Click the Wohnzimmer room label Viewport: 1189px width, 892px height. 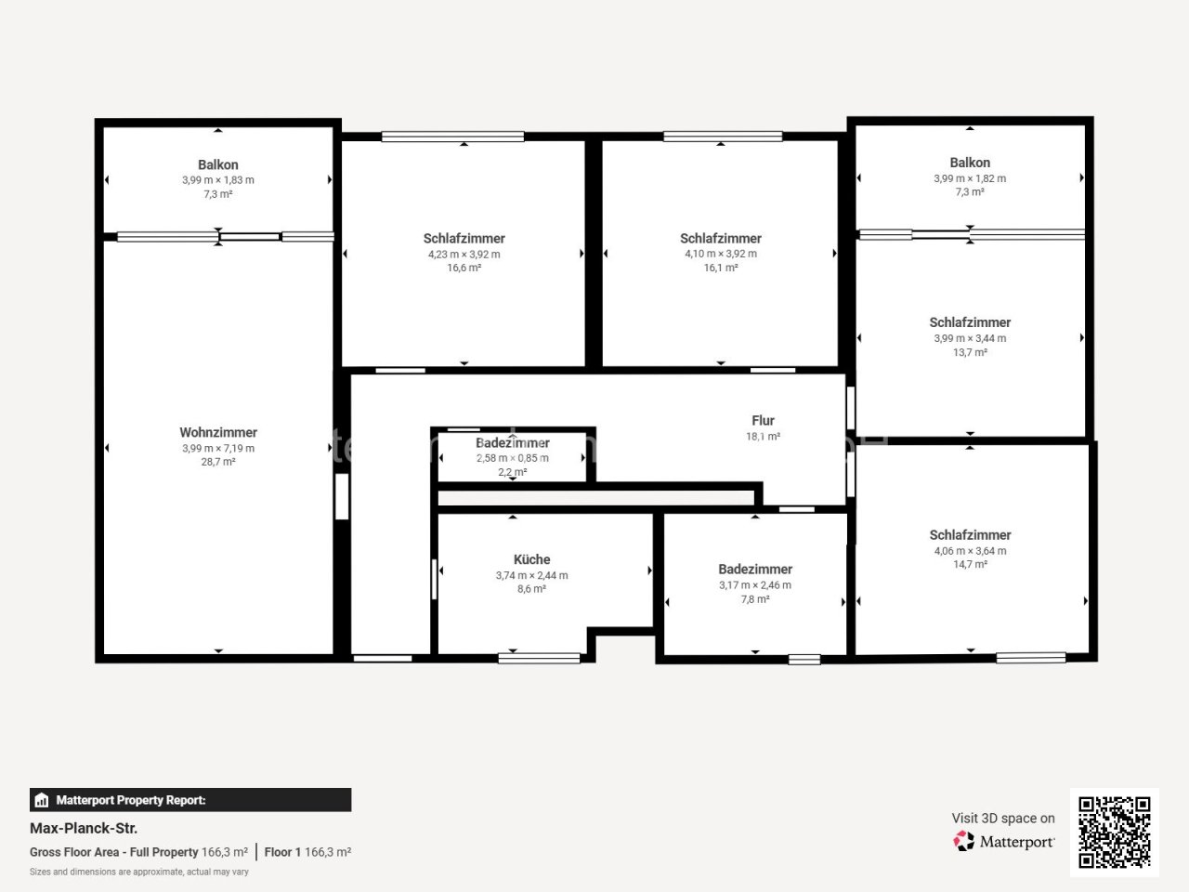coord(218,432)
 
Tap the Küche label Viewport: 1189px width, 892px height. coord(531,559)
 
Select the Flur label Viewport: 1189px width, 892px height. coord(763,420)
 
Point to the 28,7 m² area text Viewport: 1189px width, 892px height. coord(218,462)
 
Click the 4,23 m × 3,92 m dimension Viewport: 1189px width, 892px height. coord(464,254)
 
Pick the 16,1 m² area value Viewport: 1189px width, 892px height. coord(721,268)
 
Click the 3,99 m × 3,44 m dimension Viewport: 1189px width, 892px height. coord(970,338)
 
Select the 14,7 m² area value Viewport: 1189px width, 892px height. coord(970,564)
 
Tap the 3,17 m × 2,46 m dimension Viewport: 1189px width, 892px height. coord(755,585)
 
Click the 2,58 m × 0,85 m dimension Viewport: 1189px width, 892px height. coord(513,458)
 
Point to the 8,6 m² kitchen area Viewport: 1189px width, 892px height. coord(531,589)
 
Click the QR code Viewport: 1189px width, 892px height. coord(1115,832)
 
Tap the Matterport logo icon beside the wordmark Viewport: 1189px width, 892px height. coord(963,841)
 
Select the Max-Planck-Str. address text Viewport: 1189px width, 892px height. coord(84,828)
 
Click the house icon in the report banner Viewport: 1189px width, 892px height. coord(42,800)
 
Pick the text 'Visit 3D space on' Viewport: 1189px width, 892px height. coord(1003,819)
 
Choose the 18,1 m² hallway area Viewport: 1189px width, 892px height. coord(763,437)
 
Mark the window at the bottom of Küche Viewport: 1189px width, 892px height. coord(539,659)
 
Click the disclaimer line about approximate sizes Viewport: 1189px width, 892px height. coord(139,872)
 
